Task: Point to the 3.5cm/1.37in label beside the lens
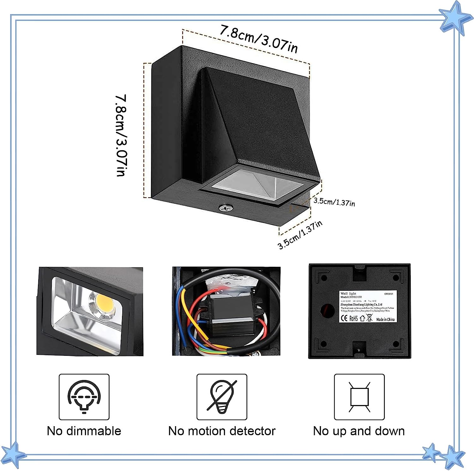tap(334, 202)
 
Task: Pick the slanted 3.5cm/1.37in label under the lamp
tap(300, 235)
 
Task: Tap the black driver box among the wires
tap(234, 316)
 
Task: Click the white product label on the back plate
tap(368, 307)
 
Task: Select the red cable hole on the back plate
tap(327, 311)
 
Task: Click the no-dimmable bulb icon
tap(84, 397)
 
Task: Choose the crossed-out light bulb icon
tap(222, 397)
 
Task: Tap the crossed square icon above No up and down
tap(359, 397)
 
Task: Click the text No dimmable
tap(84, 431)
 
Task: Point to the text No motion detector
tap(222, 431)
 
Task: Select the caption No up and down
tap(359, 431)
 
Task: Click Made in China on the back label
tap(385, 319)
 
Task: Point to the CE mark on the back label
tap(344, 318)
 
